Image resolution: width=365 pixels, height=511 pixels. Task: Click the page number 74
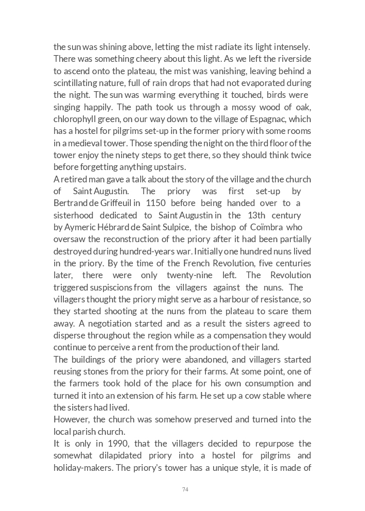click(185, 489)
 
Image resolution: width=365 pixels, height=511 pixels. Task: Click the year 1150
click(155, 203)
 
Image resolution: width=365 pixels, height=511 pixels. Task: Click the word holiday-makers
click(83, 468)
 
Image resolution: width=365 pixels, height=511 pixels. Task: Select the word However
click(72, 419)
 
